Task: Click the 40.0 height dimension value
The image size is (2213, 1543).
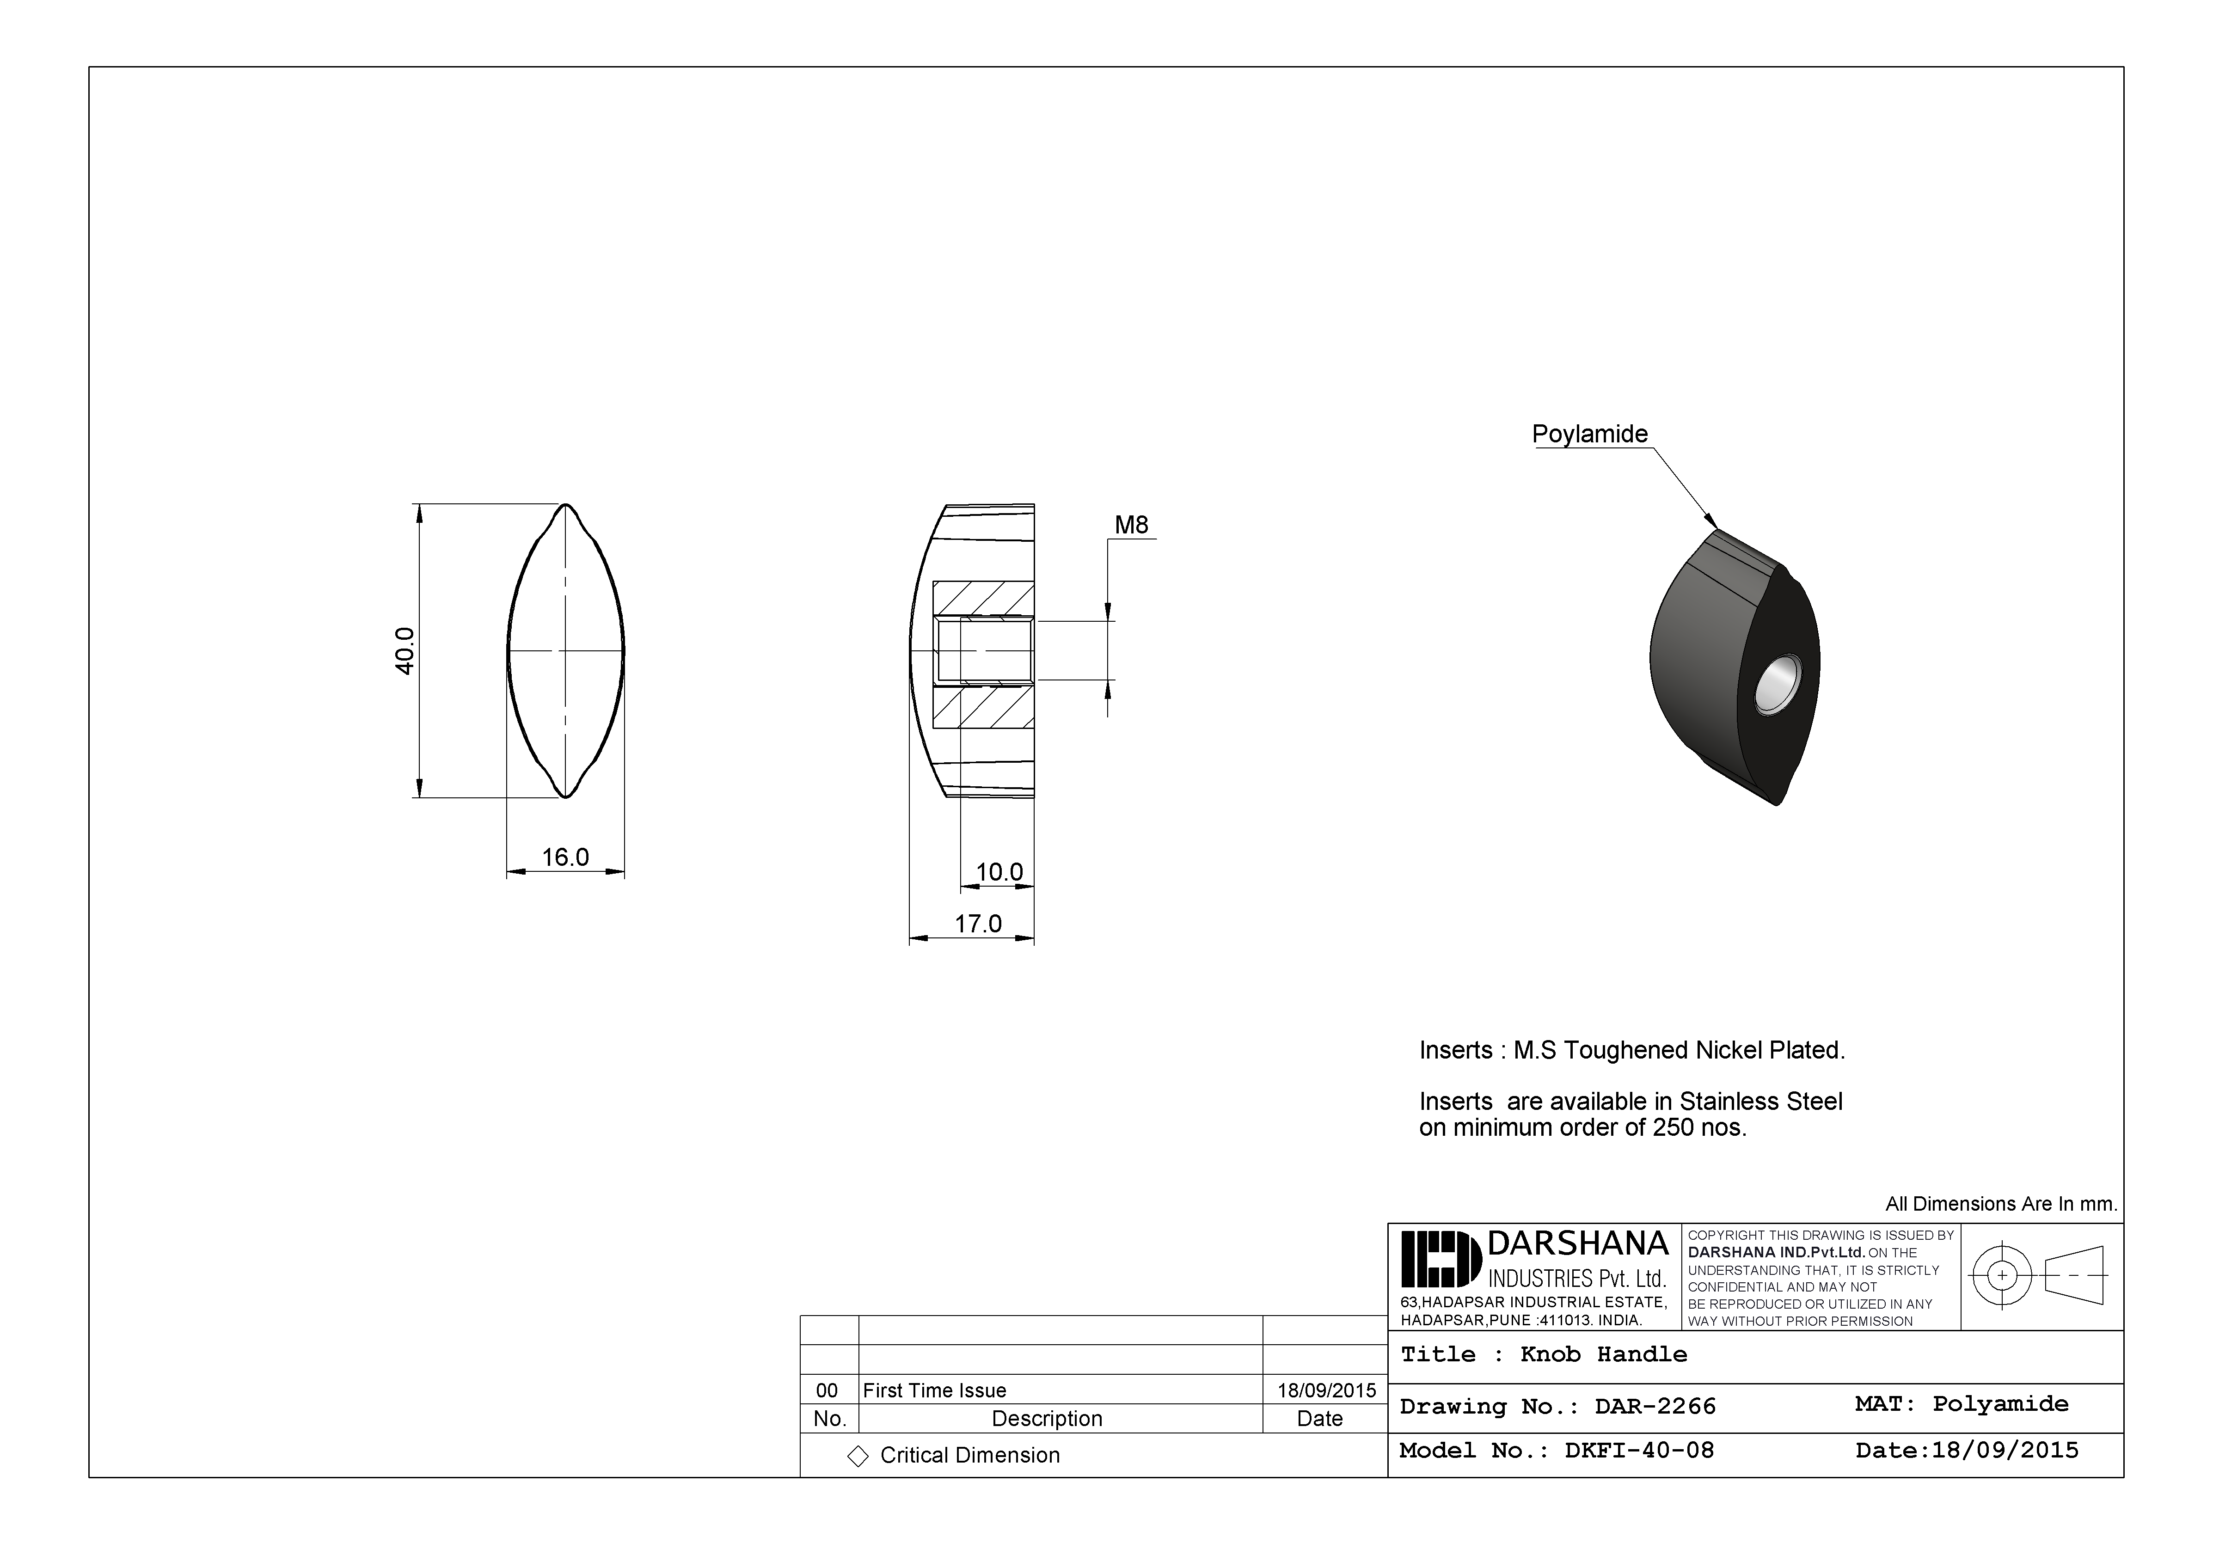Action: tap(405, 650)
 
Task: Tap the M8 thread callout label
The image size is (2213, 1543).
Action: tap(1132, 525)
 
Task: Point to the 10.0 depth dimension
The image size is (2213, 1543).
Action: tap(999, 872)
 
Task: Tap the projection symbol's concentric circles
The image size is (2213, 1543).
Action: tap(2002, 1275)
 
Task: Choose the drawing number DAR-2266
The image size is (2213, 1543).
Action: tap(1655, 1407)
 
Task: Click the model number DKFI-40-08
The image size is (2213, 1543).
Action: tap(1638, 1451)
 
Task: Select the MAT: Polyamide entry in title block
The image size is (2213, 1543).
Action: tap(1962, 1404)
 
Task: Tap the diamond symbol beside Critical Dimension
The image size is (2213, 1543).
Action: tap(857, 1456)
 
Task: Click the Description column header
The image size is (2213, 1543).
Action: tap(1047, 1419)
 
